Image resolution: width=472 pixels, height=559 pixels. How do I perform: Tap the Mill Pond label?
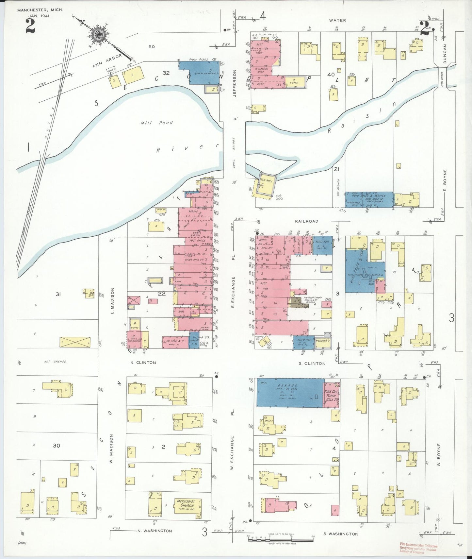[x=157, y=123]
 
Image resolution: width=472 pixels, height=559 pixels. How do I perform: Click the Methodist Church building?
[x=187, y=506]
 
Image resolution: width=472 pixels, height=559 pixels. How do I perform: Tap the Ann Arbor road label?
[x=107, y=61]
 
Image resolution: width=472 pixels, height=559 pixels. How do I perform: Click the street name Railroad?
[x=306, y=221]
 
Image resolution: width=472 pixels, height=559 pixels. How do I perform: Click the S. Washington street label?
[x=341, y=534]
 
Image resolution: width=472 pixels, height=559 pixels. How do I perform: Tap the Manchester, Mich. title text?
[x=40, y=10]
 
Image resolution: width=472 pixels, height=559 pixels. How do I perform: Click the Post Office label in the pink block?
[x=197, y=241]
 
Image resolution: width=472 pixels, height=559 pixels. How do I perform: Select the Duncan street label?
[x=445, y=54]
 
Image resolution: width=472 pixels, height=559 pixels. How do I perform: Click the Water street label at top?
[x=337, y=20]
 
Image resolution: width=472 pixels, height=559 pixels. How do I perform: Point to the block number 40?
[x=331, y=75]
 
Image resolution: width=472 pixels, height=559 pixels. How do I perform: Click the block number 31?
[x=58, y=294]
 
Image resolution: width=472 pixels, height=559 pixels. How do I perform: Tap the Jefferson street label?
[x=234, y=83]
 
